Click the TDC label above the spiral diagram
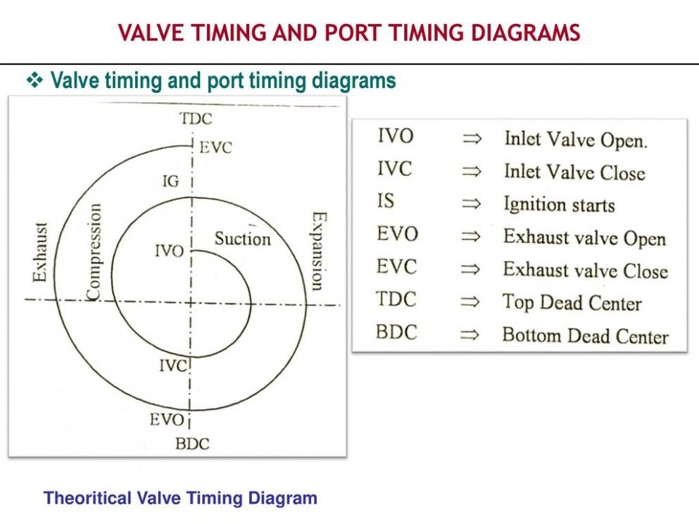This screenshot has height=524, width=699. tap(196, 118)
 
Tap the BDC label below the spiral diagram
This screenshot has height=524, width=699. tap(192, 444)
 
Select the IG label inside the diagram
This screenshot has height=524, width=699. tap(171, 181)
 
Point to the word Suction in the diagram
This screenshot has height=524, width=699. tap(243, 239)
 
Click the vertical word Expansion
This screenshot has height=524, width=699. tap(317, 251)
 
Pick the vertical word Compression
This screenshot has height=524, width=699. tap(93, 252)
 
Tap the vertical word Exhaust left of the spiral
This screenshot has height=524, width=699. tap(39, 252)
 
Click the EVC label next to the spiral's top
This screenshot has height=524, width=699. tap(215, 148)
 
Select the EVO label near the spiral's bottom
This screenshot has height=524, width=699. tap(167, 420)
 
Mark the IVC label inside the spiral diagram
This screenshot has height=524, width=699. tap(172, 366)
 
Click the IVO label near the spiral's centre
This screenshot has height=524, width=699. tap(170, 251)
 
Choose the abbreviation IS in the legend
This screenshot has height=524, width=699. tap(386, 201)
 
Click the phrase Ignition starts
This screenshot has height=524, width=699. tap(559, 205)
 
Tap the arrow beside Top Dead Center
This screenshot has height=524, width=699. tap(470, 302)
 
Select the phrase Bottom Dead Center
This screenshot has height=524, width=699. tap(586, 335)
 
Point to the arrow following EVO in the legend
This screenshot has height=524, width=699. tap(471, 236)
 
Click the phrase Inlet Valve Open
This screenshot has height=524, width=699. tap(576, 140)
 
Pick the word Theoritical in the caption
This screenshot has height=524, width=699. tap(87, 498)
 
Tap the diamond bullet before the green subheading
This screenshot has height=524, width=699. tap(34, 80)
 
